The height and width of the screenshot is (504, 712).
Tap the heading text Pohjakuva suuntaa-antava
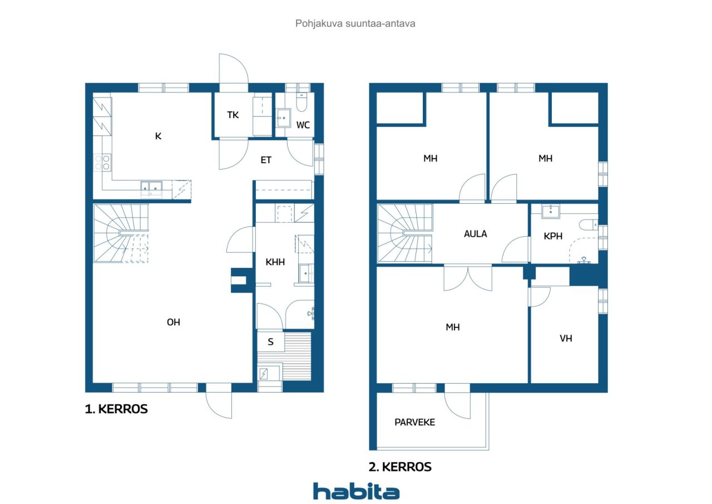click(355, 23)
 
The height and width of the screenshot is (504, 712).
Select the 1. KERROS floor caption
click(116, 409)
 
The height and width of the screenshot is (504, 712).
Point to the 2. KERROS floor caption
click(400, 467)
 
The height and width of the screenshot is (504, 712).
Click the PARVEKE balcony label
click(414, 422)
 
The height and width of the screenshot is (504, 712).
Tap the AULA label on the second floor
click(475, 234)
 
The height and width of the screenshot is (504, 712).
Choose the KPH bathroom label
click(553, 236)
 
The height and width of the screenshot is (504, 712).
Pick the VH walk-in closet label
click(566, 338)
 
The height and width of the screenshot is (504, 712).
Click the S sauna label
click(270, 342)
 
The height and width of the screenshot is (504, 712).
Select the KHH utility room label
click(275, 262)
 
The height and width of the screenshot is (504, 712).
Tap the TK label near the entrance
click(233, 115)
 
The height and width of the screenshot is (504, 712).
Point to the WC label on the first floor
click(303, 125)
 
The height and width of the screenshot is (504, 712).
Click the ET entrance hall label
click(266, 160)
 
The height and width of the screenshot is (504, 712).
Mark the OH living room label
click(173, 322)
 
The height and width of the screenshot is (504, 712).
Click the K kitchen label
click(158, 136)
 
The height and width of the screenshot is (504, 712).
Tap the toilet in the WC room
click(301, 101)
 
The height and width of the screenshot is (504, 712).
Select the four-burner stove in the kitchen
click(102, 162)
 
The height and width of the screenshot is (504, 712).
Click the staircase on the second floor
click(404, 233)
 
